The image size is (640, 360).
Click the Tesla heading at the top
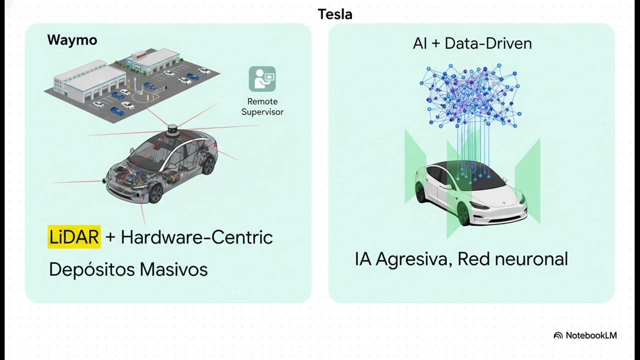coord(335,14)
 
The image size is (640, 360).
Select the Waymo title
coord(72,40)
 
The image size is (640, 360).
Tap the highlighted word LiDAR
coord(74,237)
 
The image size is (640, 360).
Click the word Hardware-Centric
coord(196,237)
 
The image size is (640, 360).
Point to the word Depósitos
coord(92,269)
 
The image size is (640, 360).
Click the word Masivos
coord(173,269)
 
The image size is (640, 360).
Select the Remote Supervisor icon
coord(262,79)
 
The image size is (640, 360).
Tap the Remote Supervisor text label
coord(262,106)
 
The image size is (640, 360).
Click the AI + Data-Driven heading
coord(472,43)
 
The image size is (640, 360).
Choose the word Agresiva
coord(413,259)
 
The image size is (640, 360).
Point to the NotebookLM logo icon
coord(558,335)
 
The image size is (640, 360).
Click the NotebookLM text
coord(591,335)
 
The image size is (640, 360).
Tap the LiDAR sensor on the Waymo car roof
coord(172,131)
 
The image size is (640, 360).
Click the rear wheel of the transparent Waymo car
coord(208,165)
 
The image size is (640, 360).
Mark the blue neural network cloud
coord(470,95)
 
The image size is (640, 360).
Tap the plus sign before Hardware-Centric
coord(110,237)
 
